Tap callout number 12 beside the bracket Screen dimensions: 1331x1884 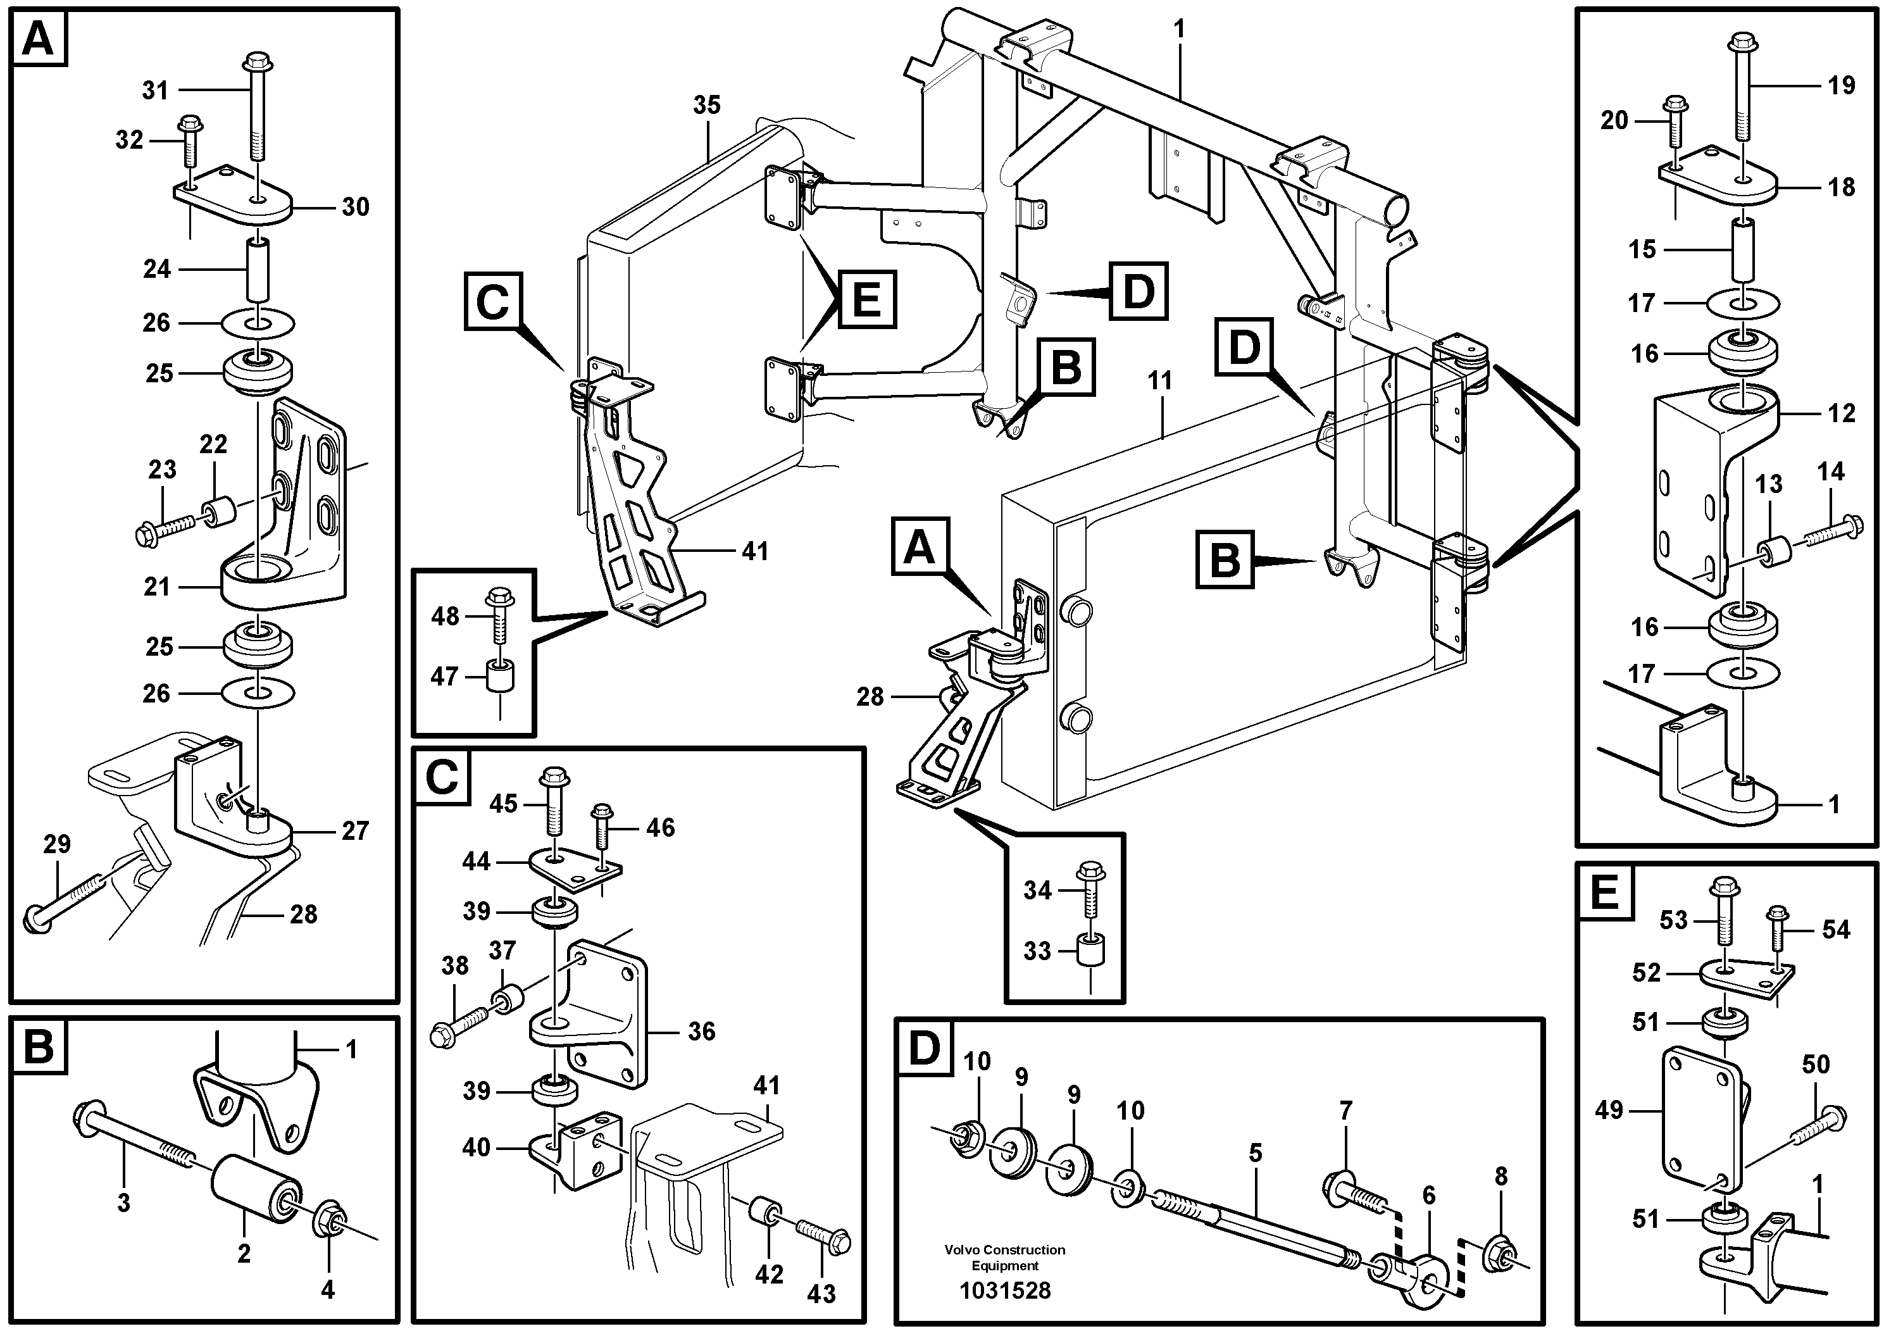[x=1842, y=413]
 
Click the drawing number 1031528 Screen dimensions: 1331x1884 [x=1004, y=1290]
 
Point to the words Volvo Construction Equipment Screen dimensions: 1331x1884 [x=1004, y=1257]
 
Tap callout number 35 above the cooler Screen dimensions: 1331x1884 [x=706, y=105]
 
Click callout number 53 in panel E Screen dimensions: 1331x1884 [x=1673, y=920]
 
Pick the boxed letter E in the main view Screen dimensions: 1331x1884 [x=866, y=299]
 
